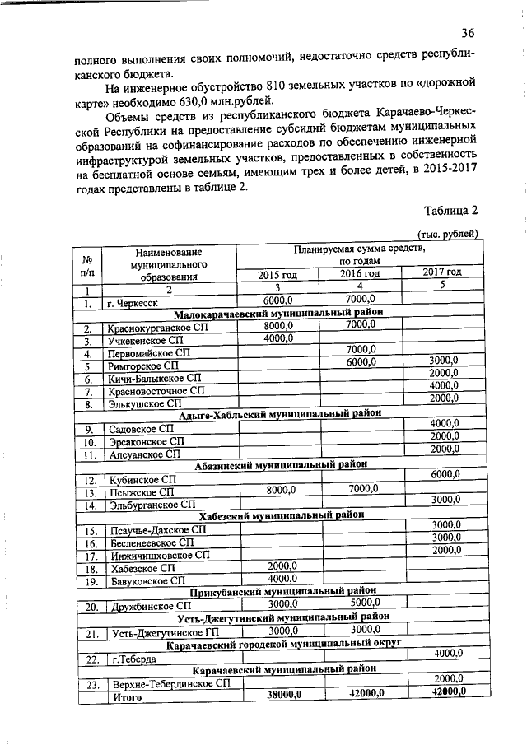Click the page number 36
click(x=468, y=34)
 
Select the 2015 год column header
click(x=277, y=273)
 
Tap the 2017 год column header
click(x=441, y=272)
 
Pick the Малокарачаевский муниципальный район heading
click(x=278, y=314)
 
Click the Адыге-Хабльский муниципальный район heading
click(x=280, y=415)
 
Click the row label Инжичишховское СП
click(x=157, y=555)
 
